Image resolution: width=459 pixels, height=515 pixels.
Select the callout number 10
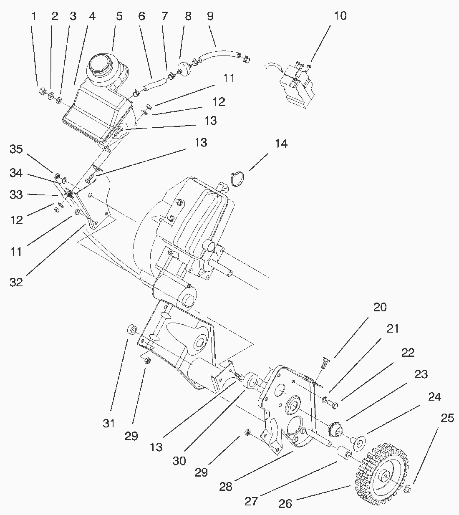pos(340,16)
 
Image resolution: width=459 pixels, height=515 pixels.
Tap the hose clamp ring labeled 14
pos(237,179)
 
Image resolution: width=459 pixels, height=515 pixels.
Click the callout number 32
pos(16,282)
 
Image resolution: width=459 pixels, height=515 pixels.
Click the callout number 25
pos(447,418)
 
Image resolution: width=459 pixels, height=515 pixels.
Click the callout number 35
pos(16,149)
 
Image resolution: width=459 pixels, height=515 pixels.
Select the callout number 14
pos(281,144)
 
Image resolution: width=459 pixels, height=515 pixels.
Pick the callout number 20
pos(380,308)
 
